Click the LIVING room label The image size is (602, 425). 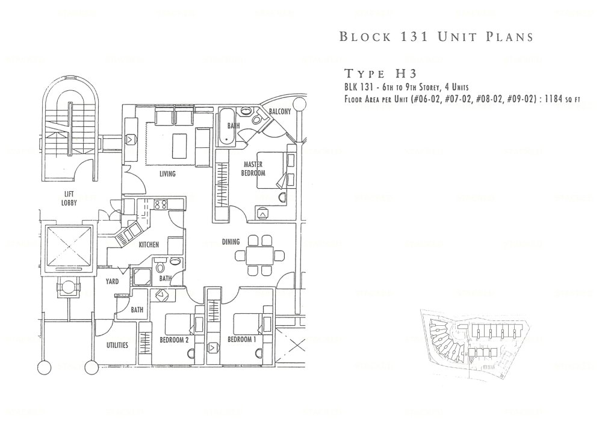(167, 174)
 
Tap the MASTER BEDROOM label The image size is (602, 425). (254, 168)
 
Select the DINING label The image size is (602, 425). (231, 242)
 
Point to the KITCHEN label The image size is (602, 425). (149, 245)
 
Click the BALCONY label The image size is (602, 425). (280, 112)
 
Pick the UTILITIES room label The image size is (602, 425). (117, 345)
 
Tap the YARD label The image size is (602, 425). (113, 281)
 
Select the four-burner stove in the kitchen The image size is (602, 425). (161, 205)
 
